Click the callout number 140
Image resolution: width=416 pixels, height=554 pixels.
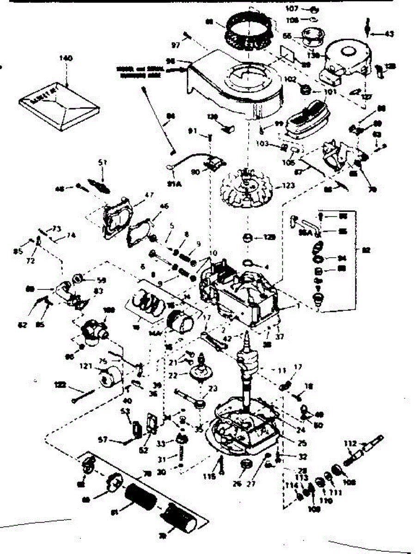67,58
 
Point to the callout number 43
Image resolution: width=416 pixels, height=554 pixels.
390,34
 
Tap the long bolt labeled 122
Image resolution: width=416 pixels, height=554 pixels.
83,394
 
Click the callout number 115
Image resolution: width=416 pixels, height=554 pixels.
211,476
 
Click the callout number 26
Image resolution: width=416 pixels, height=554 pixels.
238,484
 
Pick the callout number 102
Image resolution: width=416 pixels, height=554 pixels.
290,78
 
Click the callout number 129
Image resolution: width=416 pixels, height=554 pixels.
269,237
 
